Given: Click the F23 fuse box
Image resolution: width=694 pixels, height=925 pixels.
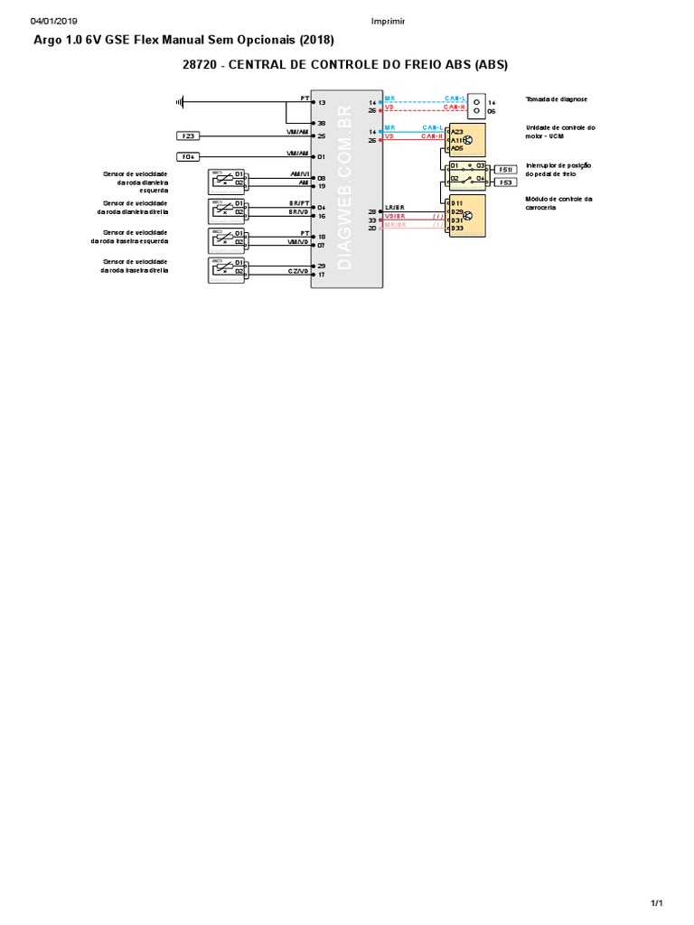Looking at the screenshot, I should [189, 135].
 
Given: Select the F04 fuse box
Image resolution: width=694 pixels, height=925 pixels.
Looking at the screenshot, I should [189, 156].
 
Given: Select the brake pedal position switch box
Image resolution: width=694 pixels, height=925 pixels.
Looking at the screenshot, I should [468, 173].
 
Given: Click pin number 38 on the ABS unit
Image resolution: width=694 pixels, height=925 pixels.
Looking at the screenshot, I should [321, 123].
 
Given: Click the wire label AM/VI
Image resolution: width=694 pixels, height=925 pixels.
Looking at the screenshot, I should [299, 173].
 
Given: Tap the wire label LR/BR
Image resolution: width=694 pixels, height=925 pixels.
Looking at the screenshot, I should [395, 208].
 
